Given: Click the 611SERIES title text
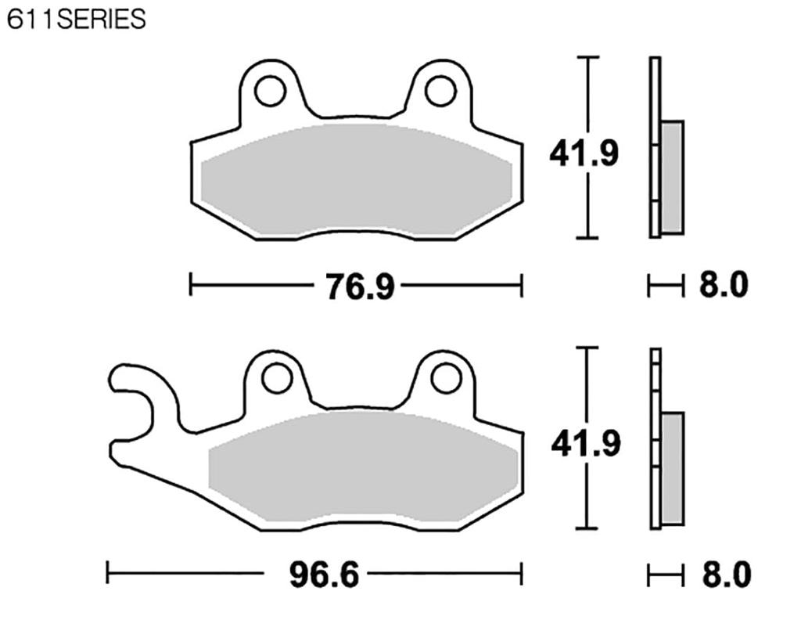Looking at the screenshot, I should [76, 19].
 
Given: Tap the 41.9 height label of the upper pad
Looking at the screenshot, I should [584, 153].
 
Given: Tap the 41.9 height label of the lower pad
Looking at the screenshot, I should [586, 444].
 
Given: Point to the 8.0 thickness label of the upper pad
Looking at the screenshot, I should [723, 286].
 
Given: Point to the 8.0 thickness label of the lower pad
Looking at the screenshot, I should [725, 575].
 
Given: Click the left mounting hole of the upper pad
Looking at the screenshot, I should [270, 91].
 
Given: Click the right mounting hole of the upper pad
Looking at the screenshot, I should [440, 91].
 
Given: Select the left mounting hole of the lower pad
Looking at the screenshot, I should [277, 380].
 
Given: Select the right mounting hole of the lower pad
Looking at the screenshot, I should [446, 380].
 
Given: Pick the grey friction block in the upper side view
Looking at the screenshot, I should [672, 177].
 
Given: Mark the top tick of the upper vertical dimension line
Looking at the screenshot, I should [587, 58].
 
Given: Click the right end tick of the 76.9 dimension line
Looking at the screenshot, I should [521, 285].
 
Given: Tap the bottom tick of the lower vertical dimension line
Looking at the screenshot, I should [587, 528].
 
